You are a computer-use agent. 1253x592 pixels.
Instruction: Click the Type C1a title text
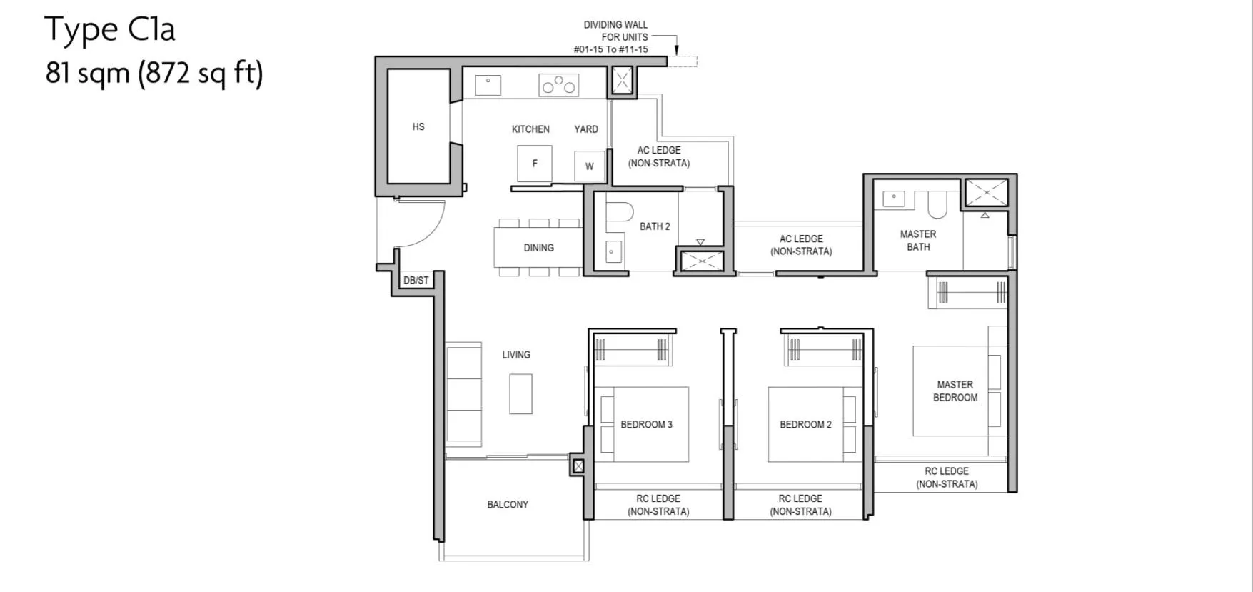coord(110,30)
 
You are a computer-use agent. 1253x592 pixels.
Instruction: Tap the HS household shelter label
coord(418,126)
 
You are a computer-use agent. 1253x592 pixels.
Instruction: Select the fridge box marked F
coord(535,164)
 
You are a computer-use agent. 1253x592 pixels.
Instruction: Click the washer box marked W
coord(590,166)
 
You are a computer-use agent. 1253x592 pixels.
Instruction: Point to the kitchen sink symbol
coord(488,85)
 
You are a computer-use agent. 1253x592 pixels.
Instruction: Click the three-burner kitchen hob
coord(559,85)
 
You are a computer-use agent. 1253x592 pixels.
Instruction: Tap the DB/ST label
coord(416,280)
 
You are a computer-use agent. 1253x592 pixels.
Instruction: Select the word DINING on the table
coord(539,248)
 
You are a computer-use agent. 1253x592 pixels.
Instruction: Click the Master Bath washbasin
coord(893,199)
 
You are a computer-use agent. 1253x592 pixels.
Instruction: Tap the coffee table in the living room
coord(520,394)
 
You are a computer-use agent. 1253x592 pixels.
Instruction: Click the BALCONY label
coord(508,504)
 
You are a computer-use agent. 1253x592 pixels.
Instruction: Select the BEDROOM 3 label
coord(646,424)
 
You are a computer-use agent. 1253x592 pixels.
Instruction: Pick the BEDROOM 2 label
coord(805,424)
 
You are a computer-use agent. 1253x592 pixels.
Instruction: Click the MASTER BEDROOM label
coord(955,391)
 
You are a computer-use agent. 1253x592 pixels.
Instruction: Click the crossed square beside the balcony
coord(578,466)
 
